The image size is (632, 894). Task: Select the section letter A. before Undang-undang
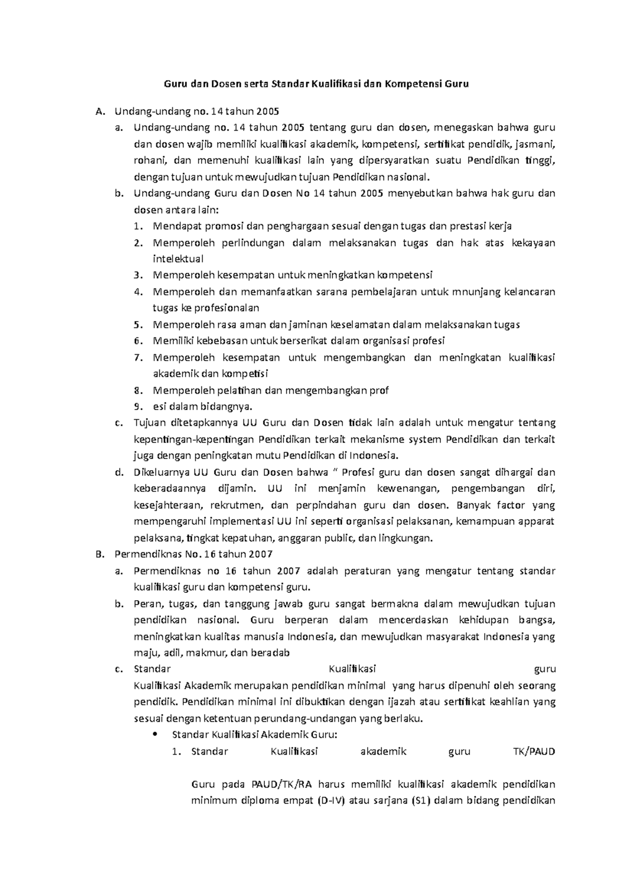(x=99, y=111)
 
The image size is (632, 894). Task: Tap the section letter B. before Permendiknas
(x=99, y=554)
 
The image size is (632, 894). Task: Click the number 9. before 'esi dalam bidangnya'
(x=138, y=406)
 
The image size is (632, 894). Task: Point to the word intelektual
(x=178, y=259)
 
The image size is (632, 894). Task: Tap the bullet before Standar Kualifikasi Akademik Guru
(x=154, y=735)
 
